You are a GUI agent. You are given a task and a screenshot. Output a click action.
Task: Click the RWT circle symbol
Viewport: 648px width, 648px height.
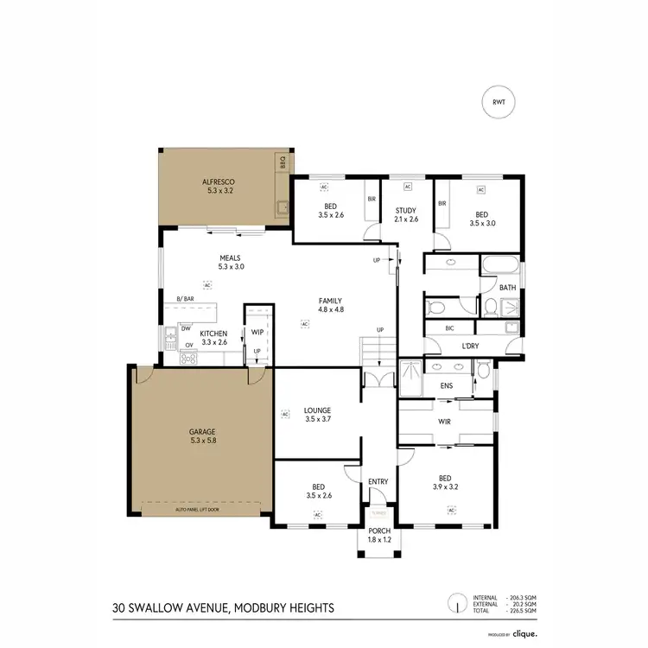(x=499, y=102)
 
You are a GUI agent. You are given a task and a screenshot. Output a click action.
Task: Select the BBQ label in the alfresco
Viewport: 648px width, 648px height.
(x=282, y=161)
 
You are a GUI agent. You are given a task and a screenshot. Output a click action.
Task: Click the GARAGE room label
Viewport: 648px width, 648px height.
(x=201, y=430)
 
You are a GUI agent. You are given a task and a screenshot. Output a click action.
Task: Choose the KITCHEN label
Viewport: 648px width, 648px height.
(x=213, y=334)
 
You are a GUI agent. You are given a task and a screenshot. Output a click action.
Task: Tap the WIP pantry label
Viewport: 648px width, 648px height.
(x=257, y=332)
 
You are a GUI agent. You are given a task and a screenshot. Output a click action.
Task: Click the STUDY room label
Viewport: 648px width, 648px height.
(x=407, y=210)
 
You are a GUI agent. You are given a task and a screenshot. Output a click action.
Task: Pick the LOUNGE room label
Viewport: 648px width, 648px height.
(x=318, y=410)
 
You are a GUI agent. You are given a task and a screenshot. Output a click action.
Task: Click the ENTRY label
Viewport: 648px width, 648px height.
(x=378, y=481)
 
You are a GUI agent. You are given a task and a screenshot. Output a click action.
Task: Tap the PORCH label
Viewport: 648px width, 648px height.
(x=378, y=531)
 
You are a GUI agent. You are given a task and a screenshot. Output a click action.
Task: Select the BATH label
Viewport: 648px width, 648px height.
(x=509, y=288)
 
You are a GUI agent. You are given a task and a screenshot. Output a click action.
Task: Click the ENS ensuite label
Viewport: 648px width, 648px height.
(x=447, y=385)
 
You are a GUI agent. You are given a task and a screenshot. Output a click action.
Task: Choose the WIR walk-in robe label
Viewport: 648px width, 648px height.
(x=446, y=422)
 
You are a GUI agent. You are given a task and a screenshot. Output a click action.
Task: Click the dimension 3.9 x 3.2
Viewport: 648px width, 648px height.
(x=445, y=486)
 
